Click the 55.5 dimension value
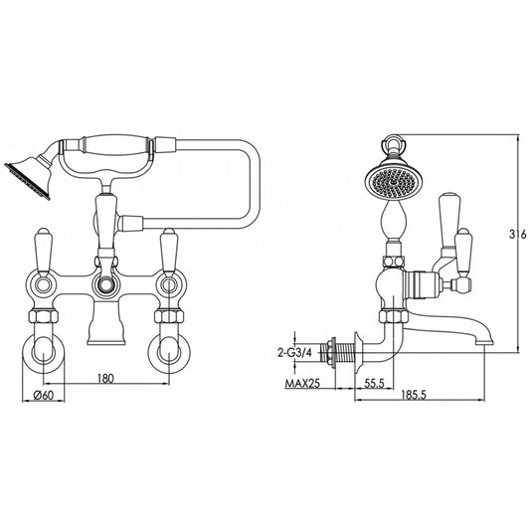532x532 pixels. (376, 383)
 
